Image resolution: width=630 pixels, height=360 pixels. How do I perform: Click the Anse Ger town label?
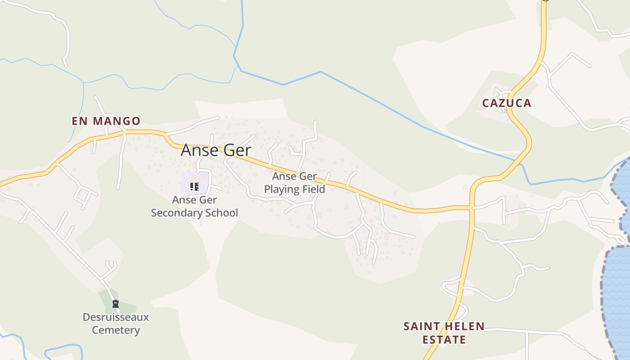(216, 150)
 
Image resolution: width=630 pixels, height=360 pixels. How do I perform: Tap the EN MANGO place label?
(106, 121)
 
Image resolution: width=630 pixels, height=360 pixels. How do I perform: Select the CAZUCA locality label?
(507, 103)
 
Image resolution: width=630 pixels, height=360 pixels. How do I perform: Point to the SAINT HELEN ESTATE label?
(444, 333)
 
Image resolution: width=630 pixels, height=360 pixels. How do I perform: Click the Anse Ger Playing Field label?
(294, 183)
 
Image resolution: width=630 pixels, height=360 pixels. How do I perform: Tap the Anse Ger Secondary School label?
(194, 206)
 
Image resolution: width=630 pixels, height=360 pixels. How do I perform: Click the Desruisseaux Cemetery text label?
(116, 324)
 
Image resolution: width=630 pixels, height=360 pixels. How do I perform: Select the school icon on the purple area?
(194, 186)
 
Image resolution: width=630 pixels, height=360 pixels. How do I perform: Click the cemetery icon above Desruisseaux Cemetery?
(116, 304)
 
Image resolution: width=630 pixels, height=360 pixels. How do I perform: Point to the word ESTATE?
(444, 339)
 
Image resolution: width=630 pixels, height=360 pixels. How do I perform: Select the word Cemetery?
(116, 330)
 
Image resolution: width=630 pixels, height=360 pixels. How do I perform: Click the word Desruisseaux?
(116, 317)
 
